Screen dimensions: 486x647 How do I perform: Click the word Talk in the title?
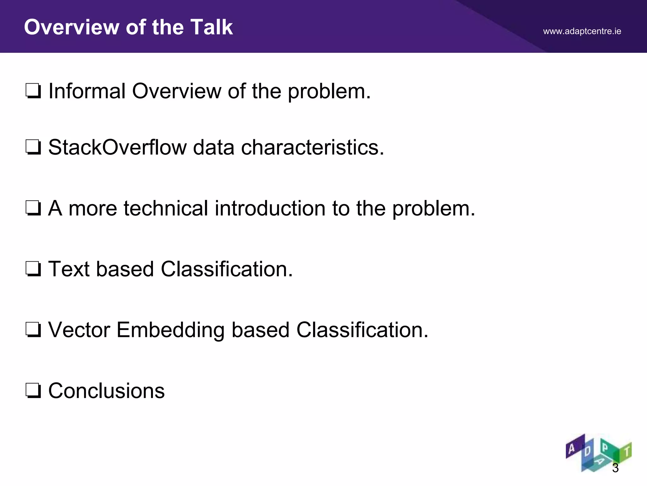point(212,27)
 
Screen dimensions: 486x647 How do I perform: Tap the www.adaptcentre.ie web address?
point(582,31)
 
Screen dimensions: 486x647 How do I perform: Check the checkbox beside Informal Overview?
point(33,91)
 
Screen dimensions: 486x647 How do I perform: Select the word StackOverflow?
point(118,147)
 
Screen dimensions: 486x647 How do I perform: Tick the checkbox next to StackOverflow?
point(33,147)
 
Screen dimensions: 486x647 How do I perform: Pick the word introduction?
point(270,209)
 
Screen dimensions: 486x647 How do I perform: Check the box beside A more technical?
point(33,209)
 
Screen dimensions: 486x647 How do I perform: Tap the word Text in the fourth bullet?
point(69,269)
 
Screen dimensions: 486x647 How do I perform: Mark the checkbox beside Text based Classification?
point(33,269)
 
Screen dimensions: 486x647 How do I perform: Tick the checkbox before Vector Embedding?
point(33,330)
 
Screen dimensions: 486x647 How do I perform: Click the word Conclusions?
point(106,391)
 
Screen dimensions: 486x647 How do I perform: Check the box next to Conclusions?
point(33,391)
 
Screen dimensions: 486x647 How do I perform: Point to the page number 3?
point(615,468)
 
